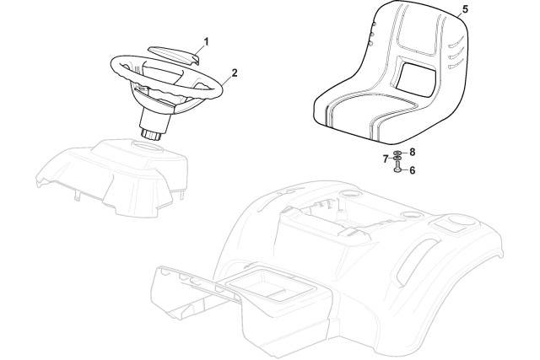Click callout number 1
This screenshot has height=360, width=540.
click(x=206, y=42)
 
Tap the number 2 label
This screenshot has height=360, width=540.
click(x=235, y=73)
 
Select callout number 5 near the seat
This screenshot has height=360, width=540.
click(x=465, y=9)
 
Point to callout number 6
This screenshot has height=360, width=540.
click(x=413, y=170)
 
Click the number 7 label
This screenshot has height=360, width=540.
click(x=386, y=159)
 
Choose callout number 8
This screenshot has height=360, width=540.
click(x=412, y=152)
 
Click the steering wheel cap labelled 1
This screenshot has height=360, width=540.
click(x=175, y=55)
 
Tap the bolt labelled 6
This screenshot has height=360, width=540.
click(x=397, y=169)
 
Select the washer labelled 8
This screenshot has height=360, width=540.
click(x=397, y=152)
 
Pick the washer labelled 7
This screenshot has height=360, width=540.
click(x=397, y=159)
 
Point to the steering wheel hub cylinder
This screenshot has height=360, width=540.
click(x=155, y=121)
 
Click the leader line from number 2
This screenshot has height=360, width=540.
click(x=227, y=80)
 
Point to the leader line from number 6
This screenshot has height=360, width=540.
click(x=404, y=170)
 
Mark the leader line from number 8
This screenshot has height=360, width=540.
click(x=404, y=152)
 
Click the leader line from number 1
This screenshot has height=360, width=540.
click(x=199, y=51)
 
